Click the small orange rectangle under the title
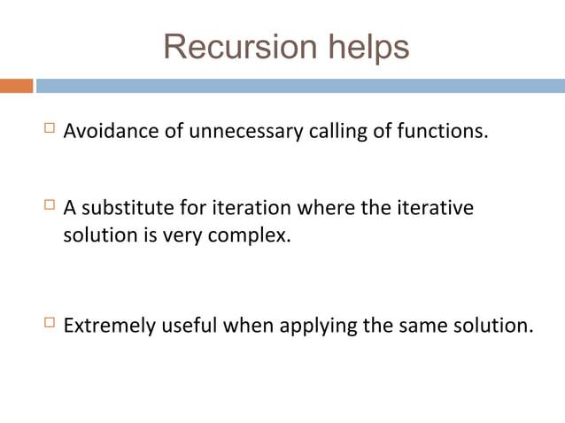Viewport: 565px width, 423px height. [16, 86]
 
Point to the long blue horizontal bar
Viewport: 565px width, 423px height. [300, 86]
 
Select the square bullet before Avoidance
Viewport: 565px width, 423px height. [49, 130]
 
